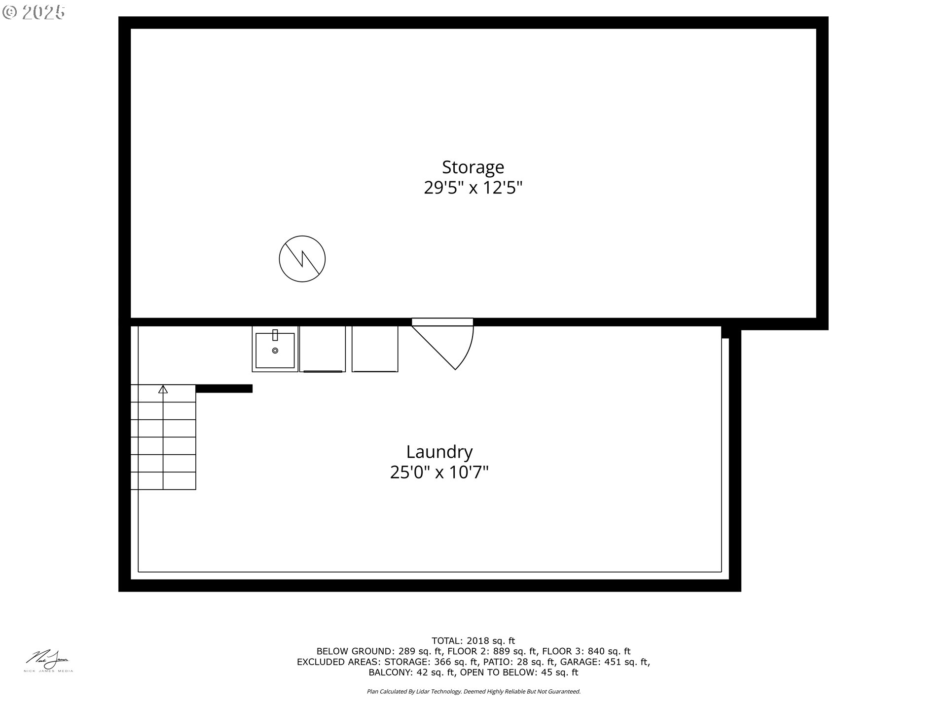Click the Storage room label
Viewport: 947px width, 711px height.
(473, 167)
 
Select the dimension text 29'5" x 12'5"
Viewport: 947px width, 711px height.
(473, 188)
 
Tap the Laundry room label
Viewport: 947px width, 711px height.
(439, 452)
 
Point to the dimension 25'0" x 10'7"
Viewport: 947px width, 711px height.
(439, 473)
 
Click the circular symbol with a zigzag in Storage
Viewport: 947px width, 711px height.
(302, 259)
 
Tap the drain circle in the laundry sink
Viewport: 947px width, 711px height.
(275, 351)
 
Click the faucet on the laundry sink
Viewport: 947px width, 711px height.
(275, 335)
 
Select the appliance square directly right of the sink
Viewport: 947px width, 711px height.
(322, 349)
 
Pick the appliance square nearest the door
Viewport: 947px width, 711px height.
(375, 349)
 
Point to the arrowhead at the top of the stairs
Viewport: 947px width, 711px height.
(163, 390)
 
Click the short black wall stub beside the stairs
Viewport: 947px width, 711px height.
(224, 389)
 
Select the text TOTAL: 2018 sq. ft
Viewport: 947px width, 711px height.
(473, 641)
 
